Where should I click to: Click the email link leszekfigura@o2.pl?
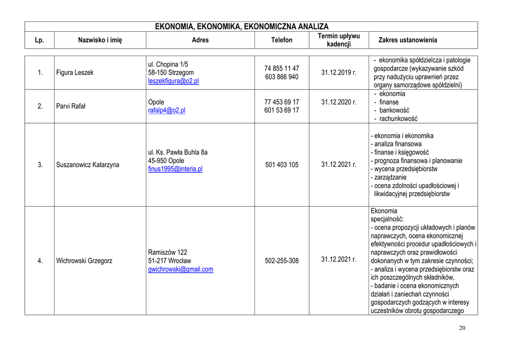(x=173, y=81)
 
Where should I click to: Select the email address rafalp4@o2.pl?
(x=167, y=110)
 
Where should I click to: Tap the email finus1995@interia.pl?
(x=175, y=169)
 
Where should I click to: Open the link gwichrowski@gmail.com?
(x=181, y=269)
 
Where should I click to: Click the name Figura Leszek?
(x=75, y=72)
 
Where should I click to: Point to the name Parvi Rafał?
(x=71, y=106)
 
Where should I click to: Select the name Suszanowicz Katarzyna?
(x=88, y=165)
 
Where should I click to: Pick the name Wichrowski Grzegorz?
(x=84, y=261)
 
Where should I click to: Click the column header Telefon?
(x=282, y=40)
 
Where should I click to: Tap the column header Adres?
(x=200, y=40)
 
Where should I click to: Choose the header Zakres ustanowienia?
(x=408, y=40)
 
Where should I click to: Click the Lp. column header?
(x=40, y=40)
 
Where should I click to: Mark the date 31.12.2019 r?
(x=339, y=72)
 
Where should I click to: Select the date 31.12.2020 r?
(x=339, y=102)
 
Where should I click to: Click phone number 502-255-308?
(x=282, y=261)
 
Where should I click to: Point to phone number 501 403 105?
(x=282, y=165)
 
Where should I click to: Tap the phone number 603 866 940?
(x=282, y=77)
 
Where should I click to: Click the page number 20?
(x=462, y=328)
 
